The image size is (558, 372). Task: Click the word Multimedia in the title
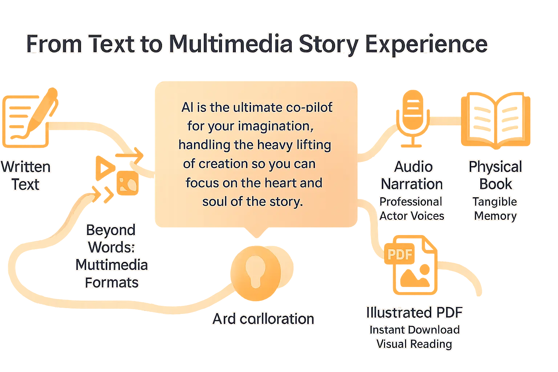coord(231,44)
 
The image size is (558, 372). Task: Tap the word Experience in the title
coord(426,44)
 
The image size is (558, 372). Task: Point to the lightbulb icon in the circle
coord(255,272)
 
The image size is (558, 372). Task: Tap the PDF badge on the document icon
coord(400,254)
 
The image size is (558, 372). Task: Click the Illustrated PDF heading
coord(414,312)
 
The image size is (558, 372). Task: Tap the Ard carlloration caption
coord(263,319)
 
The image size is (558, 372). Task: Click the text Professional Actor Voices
coord(412,209)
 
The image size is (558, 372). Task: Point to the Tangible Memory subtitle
coord(495,209)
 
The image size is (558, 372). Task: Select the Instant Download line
coord(414,329)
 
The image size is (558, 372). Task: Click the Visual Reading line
coord(414,344)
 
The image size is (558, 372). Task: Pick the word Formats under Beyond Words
coord(112,283)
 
